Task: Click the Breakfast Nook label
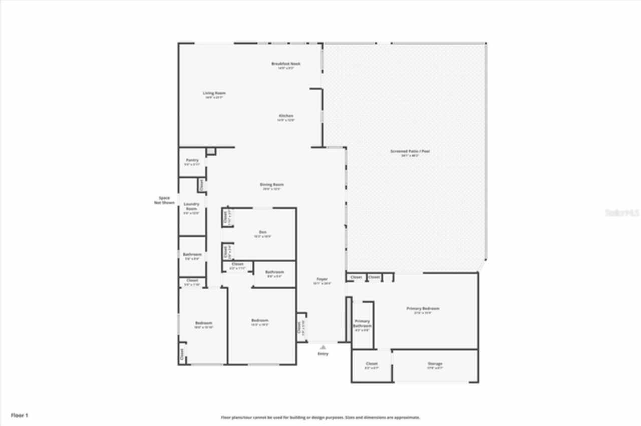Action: tap(286, 64)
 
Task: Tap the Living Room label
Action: tap(214, 93)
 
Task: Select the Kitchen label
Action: tap(286, 116)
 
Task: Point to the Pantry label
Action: tap(192, 160)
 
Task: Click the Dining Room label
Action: tap(272, 185)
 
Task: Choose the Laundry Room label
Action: tap(192, 206)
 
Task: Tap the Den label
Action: tap(263, 232)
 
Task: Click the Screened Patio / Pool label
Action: tap(410, 151)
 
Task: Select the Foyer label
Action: tap(322, 279)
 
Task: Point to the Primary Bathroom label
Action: tap(362, 323)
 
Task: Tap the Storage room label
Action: tap(435, 364)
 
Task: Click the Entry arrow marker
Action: tap(323, 347)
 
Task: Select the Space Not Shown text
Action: tap(165, 200)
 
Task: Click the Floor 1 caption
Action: tap(20, 415)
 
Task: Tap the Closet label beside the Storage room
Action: tap(371, 364)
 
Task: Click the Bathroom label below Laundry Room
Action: tap(192, 255)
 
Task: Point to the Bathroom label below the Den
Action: tap(274, 272)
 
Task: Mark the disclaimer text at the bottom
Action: tap(320, 417)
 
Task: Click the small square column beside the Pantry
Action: tap(211, 151)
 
